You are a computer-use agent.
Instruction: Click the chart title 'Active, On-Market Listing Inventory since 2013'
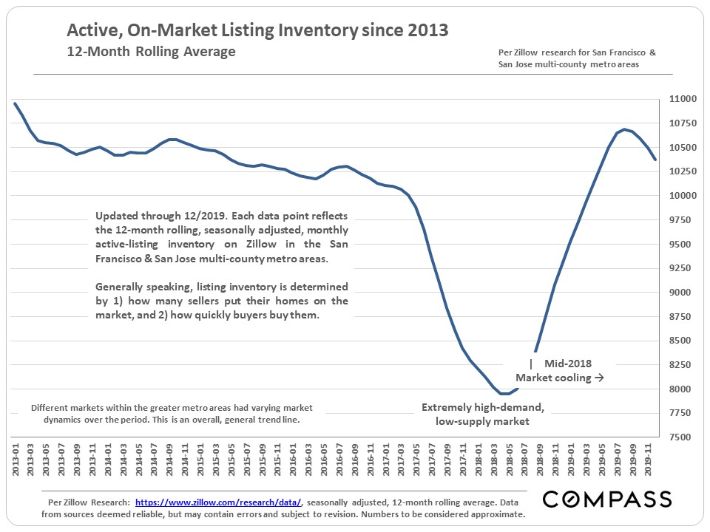point(257,31)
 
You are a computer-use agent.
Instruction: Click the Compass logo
point(606,499)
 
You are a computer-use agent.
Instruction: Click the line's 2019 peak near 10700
point(626,129)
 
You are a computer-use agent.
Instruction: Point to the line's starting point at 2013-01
point(15,103)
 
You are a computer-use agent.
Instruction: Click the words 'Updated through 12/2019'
point(158,216)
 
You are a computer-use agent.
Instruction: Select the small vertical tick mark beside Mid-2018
point(531,364)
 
